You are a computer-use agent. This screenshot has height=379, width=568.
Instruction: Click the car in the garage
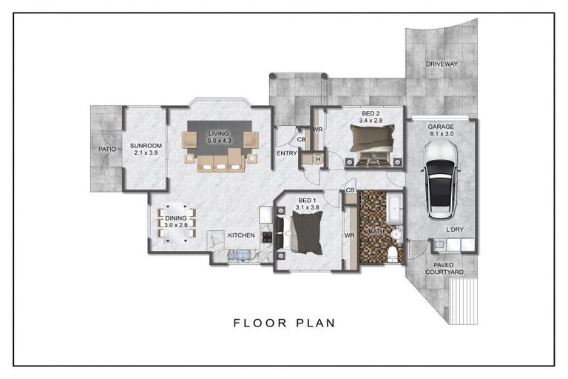(x=441, y=181)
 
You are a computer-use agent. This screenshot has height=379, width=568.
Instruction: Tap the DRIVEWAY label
(x=442, y=64)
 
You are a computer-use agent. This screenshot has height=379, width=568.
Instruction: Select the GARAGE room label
(x=441, y=127)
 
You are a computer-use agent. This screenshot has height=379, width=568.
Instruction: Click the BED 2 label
(x=371, y=113)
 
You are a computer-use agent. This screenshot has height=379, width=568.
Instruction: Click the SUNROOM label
(x=146, y=146)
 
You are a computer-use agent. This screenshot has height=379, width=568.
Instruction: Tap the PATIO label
(x=107, y=149)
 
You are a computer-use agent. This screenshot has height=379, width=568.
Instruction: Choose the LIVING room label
(x=218, y=133)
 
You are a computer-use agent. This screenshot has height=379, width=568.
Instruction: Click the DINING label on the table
(x=176, y=218)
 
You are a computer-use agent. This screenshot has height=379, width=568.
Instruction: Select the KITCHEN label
(x=242, y=235)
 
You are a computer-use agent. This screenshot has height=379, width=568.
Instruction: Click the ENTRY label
(x=286, y=153)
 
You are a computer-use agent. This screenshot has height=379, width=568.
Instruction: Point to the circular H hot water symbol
(x=318, y=159)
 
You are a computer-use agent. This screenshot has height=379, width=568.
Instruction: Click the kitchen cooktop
(x=267, y=237)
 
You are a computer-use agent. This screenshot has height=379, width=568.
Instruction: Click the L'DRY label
(x=455, y=229)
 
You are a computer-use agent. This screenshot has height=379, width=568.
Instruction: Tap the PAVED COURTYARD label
(x=444, y=269)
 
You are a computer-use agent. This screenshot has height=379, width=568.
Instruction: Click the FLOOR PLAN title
(x=284, y=323)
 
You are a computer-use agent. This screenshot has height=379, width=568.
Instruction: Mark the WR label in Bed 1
(x=349, y=235)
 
